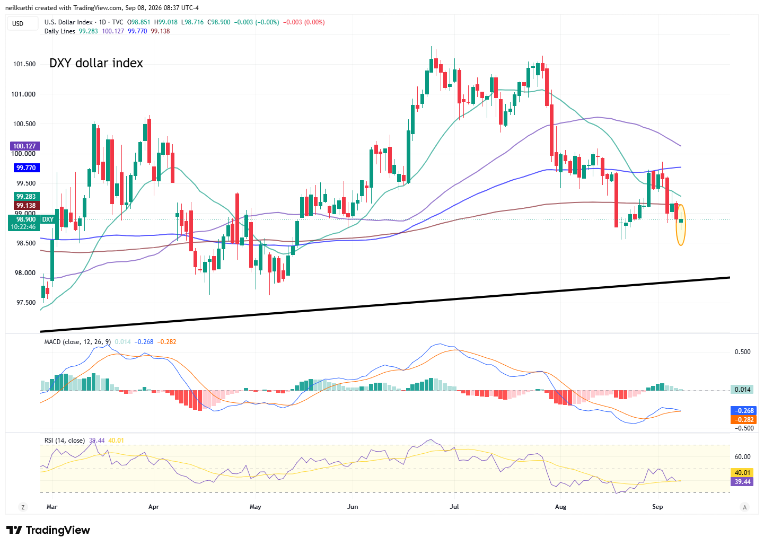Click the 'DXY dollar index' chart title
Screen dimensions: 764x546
click(x=96, y=63)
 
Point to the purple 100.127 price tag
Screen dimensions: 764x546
click(x=25, y=146)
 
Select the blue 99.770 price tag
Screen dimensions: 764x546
click(x=27, y=168)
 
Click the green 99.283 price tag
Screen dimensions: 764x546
click(x=27, y=197)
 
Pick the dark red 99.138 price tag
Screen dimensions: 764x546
click(x=27, y=205)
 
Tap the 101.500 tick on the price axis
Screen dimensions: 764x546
click(x=24, y=64)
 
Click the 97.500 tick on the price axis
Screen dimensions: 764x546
click(x=26, y=303)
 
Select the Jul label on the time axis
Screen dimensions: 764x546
click(x=454, y=507)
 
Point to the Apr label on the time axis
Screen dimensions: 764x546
click(x=153, y=507)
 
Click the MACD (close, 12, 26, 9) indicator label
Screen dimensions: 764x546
click(x=77, y=342)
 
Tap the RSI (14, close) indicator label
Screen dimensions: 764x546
click(x=65, y=441)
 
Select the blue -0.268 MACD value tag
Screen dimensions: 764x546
click(x=743, y=411)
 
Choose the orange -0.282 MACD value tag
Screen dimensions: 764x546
click(x=743, y=419)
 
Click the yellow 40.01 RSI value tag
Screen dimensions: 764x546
click(x=742, y=473)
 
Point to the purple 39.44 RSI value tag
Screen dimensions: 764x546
click(x=742, y=481)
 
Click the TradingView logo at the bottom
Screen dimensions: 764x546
click(x=48, y=530)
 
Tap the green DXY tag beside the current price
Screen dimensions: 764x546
click(x=47, y=219)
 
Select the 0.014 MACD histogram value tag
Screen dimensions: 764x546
click(x=742, y=390)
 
